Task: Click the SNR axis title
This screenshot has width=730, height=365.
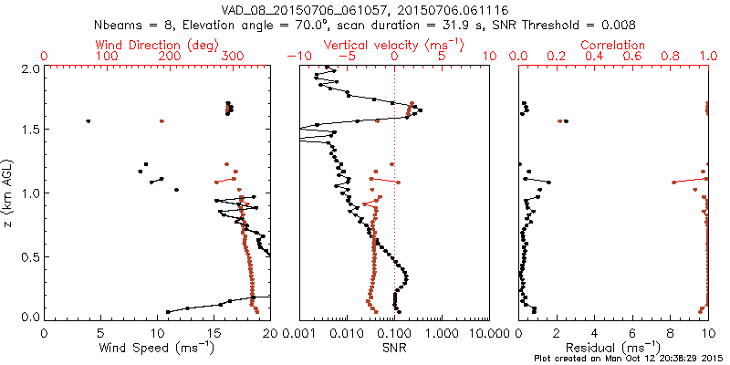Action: click(394, 347)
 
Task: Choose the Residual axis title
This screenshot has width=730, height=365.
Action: click(613, 347)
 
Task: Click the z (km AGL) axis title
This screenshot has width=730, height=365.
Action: click(9, 192)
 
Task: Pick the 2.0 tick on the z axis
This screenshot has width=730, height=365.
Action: click(29, 68)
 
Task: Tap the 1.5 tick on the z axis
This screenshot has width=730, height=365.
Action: click(29, 130)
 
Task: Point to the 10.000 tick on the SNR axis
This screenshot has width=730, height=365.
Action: click(490, 334)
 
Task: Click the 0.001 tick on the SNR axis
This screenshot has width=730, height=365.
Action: click(300, 334)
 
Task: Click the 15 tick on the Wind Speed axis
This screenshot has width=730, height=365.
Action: click(214, 334)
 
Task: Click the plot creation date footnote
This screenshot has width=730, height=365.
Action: click(630, 359)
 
